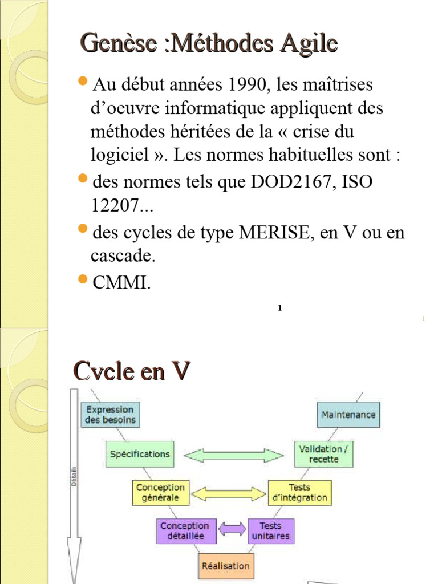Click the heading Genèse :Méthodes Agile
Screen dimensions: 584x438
[208, 44]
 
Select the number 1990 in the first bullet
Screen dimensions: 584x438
[249, 86]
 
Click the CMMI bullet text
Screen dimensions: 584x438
[121, 282]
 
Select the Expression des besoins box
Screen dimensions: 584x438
[111, 415]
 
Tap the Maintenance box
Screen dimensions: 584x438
[348, 415]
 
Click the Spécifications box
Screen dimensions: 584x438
[140, 454]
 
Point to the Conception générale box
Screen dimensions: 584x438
[160, 492]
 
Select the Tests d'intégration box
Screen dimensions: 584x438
[299, 492]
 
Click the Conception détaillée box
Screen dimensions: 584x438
[184, 531]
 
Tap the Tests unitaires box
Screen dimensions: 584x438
[270, 531]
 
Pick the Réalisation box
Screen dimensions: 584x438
[226, 566]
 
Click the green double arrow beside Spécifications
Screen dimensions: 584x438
[235, 455]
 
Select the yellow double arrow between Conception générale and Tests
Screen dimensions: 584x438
[228, 493]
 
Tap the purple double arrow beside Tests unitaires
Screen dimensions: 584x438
[232, 530]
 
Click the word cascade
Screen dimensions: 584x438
[123, 256]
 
